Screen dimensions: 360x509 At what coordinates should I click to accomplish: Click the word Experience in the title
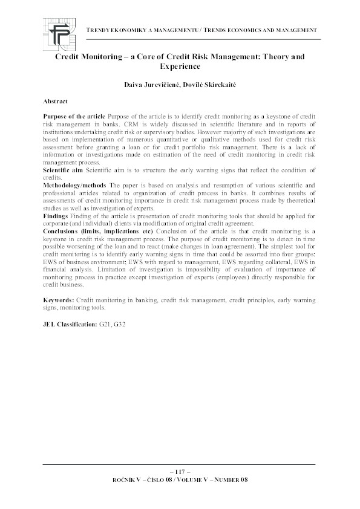click(x=180, y=66)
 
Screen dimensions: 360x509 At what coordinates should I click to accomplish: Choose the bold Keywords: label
click(x=59, y=300)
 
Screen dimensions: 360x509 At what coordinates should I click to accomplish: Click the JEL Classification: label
click(x=70, y=325)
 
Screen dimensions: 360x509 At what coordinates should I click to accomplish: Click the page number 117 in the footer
click(x=180, y=472)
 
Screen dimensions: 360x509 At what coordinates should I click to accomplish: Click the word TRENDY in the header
click(x=101, y=30)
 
